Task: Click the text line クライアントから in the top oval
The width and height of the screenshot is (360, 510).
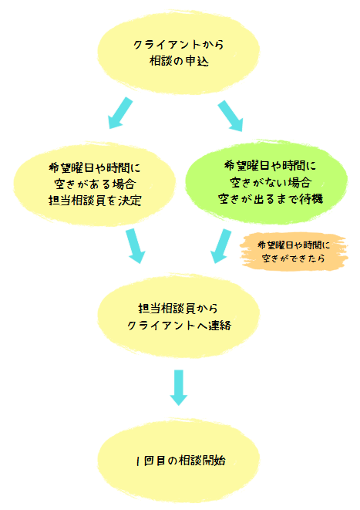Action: coord(179,45)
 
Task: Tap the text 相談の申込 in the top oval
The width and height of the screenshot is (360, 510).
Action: coord(179,61)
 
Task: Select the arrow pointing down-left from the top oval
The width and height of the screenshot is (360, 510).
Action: coord(120,113)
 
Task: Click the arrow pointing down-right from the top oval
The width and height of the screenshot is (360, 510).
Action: coord(230,116)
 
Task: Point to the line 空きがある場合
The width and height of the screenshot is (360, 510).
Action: coord(95,184)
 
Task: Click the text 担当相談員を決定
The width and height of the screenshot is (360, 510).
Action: coord(95,201)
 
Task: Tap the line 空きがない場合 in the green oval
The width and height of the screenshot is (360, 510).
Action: coord(271,182)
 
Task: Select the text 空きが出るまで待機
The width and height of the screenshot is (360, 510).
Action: coord(271,199)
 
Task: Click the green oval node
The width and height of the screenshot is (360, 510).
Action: coord(267,182)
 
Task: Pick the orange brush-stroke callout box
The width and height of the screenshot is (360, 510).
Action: coord(294,252)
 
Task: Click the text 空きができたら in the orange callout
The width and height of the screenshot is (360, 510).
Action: coord(294,258)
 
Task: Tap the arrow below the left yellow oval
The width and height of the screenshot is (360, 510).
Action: coord(135,246)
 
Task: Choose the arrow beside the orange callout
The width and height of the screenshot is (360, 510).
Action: coord(221,246)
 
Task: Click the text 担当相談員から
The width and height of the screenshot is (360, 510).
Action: coord(178,309)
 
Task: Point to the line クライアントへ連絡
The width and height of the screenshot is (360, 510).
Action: coord(179,326)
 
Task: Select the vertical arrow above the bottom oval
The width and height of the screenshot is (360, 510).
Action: coord(179,387)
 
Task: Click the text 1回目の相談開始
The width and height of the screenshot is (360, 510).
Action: coord(180,461)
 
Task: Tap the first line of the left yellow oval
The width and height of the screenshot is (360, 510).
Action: coord(95,168)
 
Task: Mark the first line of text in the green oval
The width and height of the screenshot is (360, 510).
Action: coord(271,166)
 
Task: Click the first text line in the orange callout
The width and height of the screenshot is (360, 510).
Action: coord(294,245)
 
